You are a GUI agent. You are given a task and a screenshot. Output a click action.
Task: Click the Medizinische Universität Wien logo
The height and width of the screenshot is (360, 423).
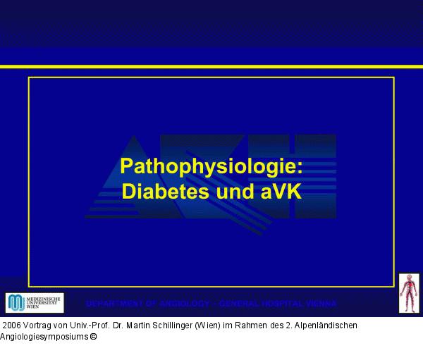tap(35, 303)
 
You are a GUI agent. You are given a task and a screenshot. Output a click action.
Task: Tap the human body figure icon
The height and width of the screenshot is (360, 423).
tap(409, 292)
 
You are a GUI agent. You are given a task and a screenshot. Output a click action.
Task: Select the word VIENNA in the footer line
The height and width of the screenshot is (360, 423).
tap(318, 304)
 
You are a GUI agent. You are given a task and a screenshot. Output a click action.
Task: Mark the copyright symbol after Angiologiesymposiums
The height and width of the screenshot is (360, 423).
tap(93, 337)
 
